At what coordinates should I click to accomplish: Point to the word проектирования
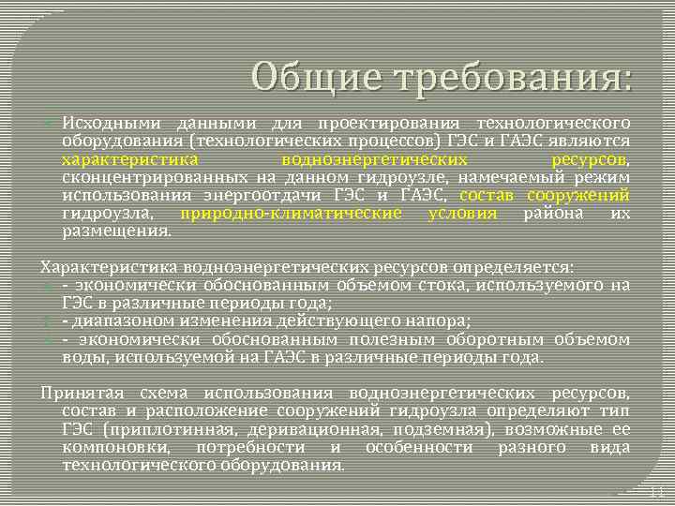(x=389, y=124)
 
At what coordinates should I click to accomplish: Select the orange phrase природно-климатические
(x=290, y=214)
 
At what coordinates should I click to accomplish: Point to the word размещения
(x=115, y=231)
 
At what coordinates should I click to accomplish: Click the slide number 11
(x=656, y=492)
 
